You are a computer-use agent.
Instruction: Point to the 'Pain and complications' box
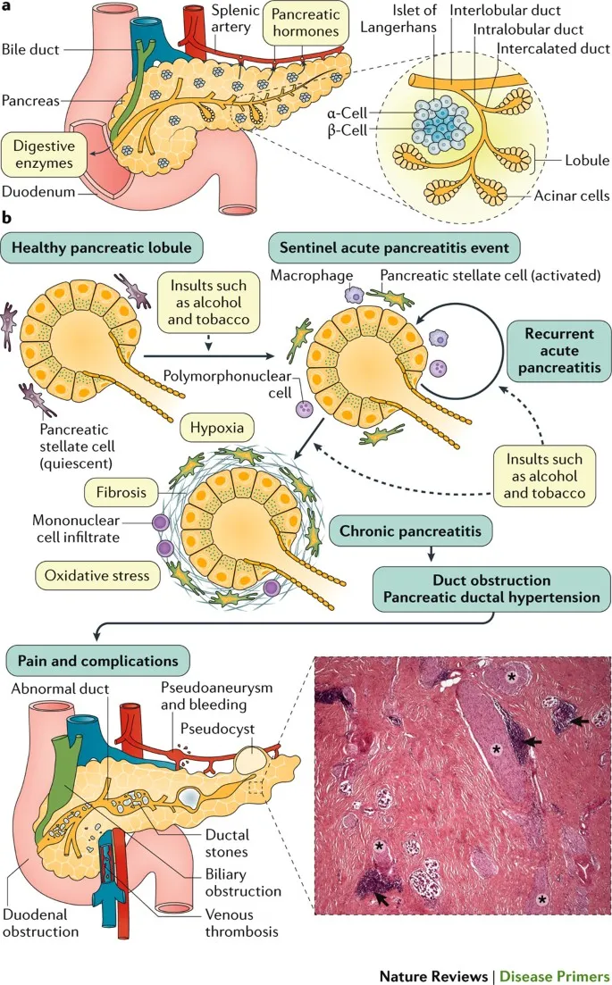97,662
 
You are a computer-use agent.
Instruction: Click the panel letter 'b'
7,217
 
